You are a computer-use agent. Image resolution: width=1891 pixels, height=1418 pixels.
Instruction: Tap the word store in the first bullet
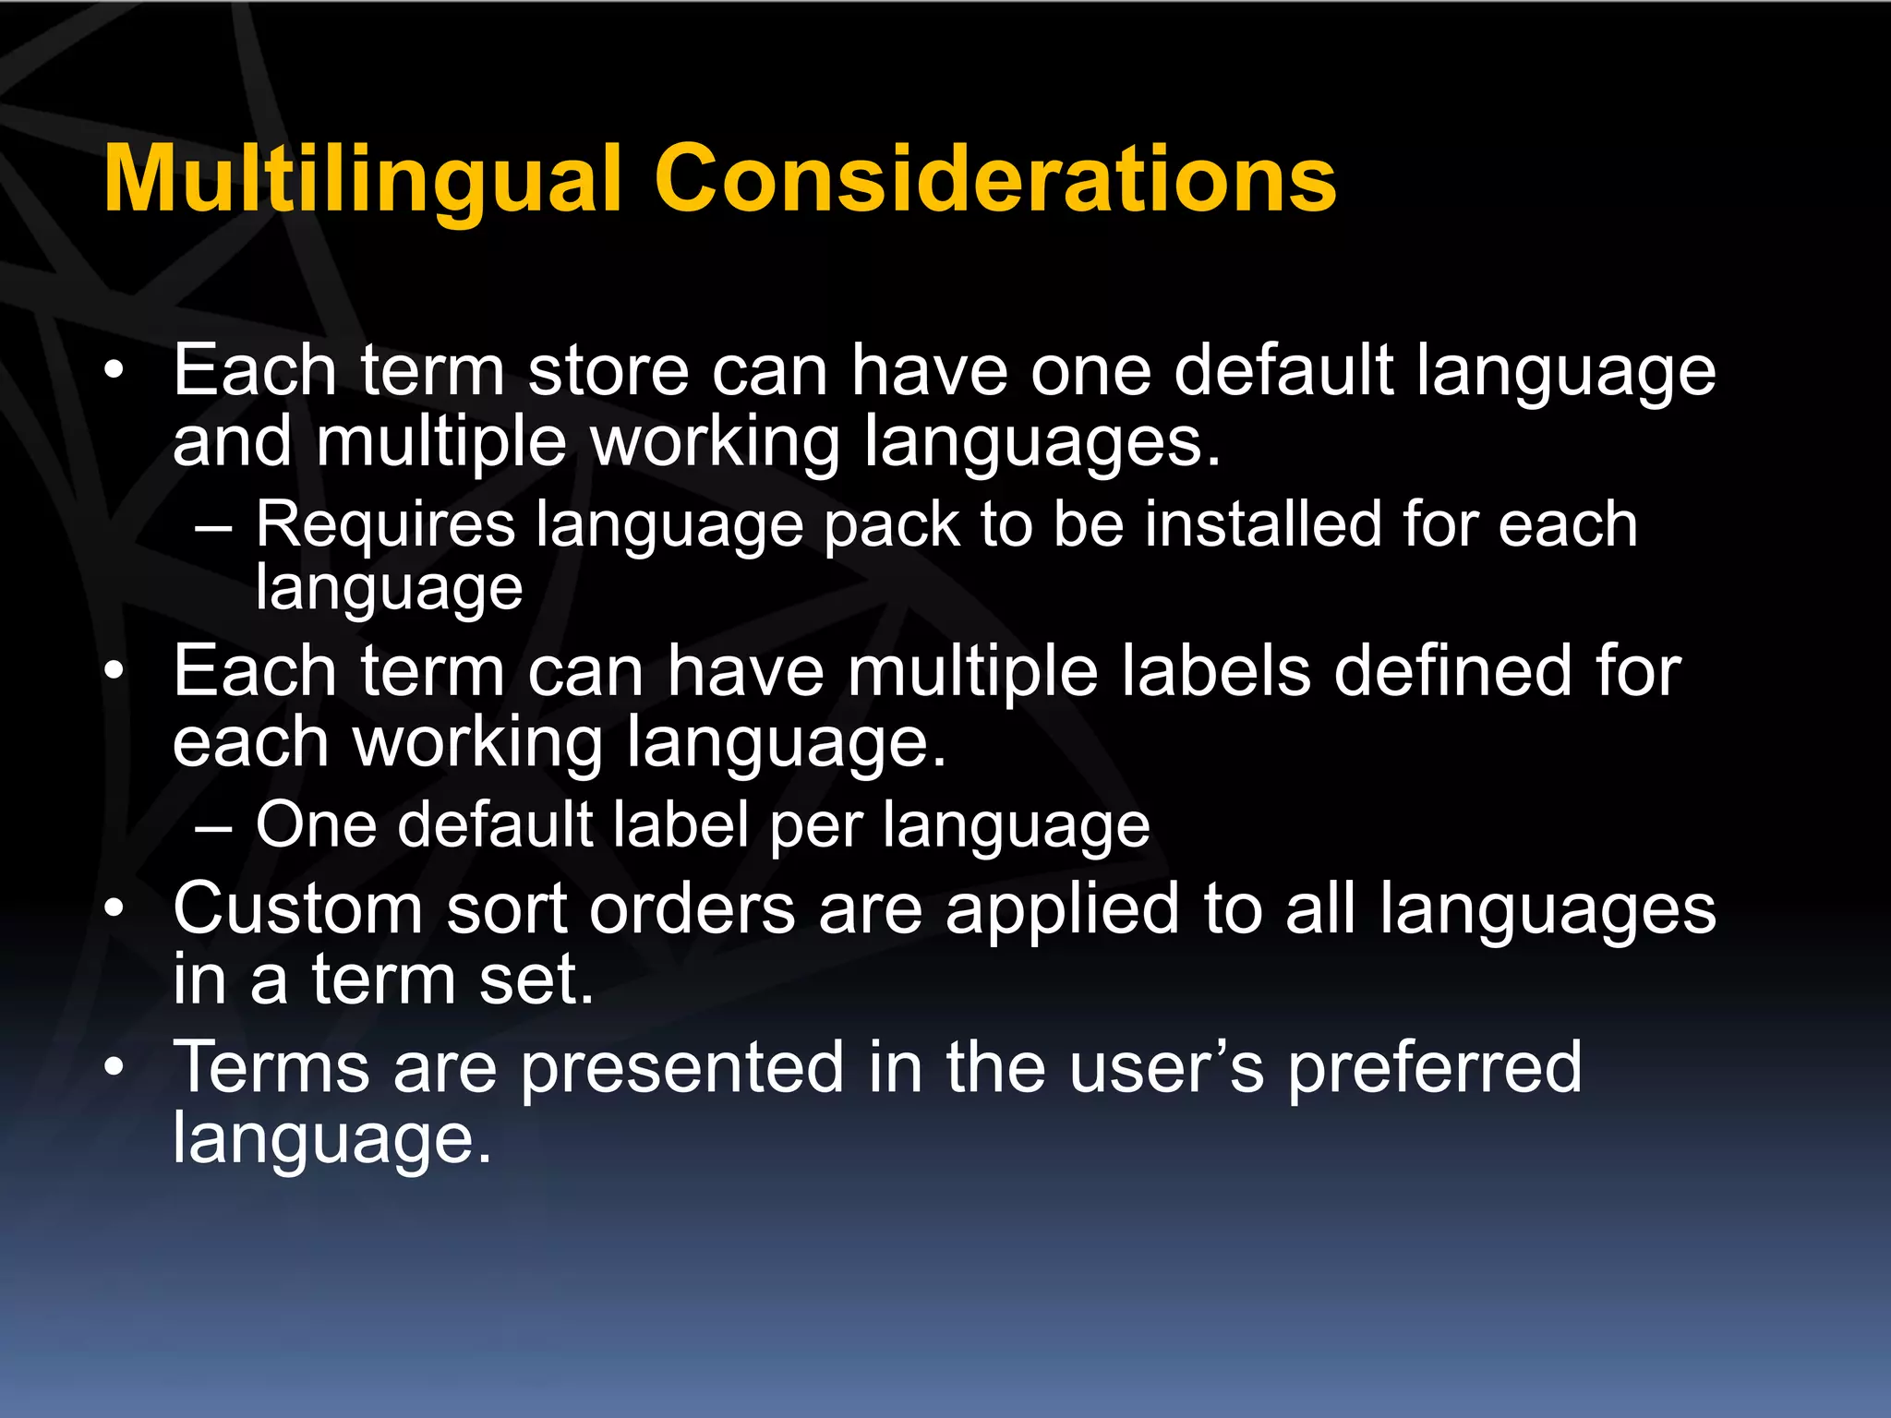(x=608, y=370)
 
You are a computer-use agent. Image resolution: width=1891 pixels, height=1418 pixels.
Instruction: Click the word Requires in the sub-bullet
(x=385, y=524)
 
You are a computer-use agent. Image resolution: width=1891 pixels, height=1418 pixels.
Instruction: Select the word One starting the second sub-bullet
(x=315, y=824)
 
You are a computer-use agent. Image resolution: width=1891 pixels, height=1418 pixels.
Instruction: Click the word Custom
(x=297, y=909)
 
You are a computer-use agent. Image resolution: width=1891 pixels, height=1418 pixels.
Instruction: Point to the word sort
(x=506, y=909)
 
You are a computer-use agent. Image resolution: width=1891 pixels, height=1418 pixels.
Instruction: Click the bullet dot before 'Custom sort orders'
(x=114, y=908)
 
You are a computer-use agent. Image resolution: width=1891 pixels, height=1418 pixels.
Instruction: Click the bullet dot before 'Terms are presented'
(x=114, y=1067)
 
